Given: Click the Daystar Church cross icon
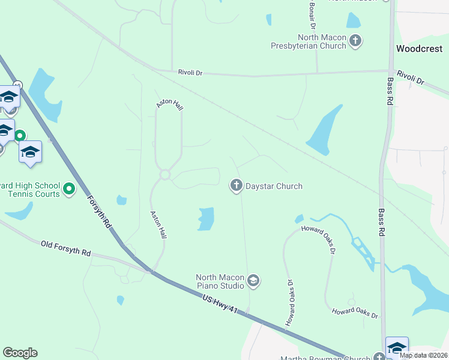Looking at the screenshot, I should point(237,186).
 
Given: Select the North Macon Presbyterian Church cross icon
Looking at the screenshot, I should point(356,41).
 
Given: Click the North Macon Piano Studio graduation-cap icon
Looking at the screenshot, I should point(254,281).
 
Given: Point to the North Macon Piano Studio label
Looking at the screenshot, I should point(220,281).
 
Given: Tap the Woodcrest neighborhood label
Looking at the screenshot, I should point(420,49).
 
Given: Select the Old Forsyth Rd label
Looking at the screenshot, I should point(65,248).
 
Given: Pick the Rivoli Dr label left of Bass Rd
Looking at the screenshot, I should point(190,73).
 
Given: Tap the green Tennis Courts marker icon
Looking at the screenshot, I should point(70,190).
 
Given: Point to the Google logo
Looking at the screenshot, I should point(20,353).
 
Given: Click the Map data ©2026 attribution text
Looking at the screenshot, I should point(423,355).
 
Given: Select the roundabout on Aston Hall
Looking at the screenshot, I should point(165,175).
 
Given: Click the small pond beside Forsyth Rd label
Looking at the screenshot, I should point(122,200).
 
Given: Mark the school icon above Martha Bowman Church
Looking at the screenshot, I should point(397,347).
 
